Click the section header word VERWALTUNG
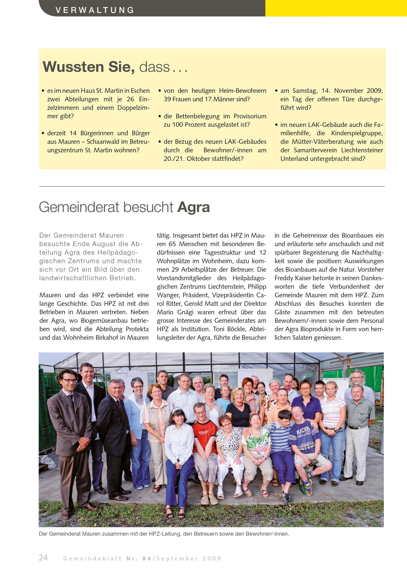click(95, 10)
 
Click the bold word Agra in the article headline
click(193, 207)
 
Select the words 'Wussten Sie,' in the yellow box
click(89, 67)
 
